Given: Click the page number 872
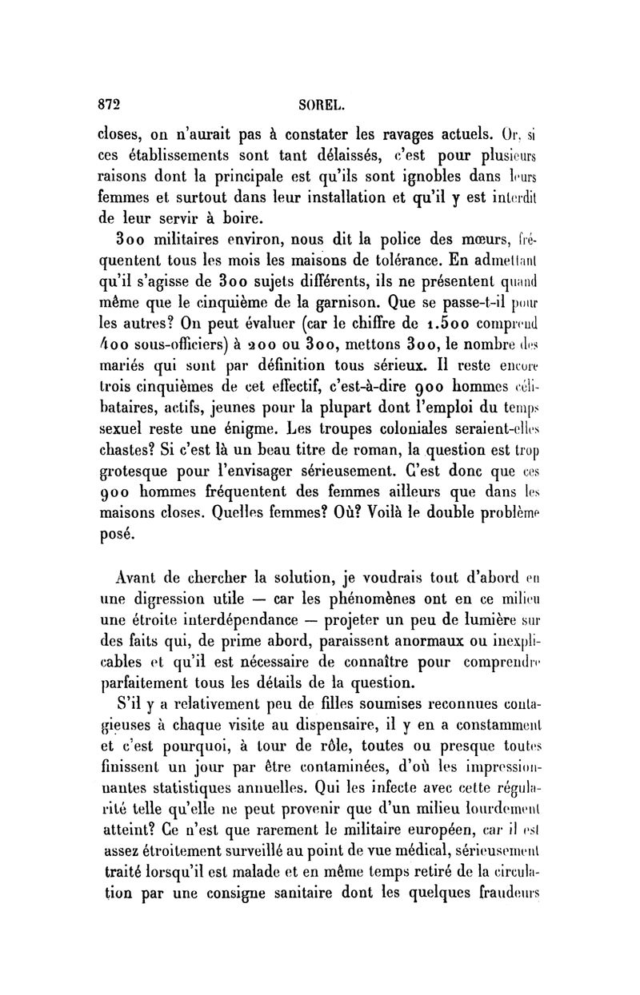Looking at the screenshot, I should tap(108, 103).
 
